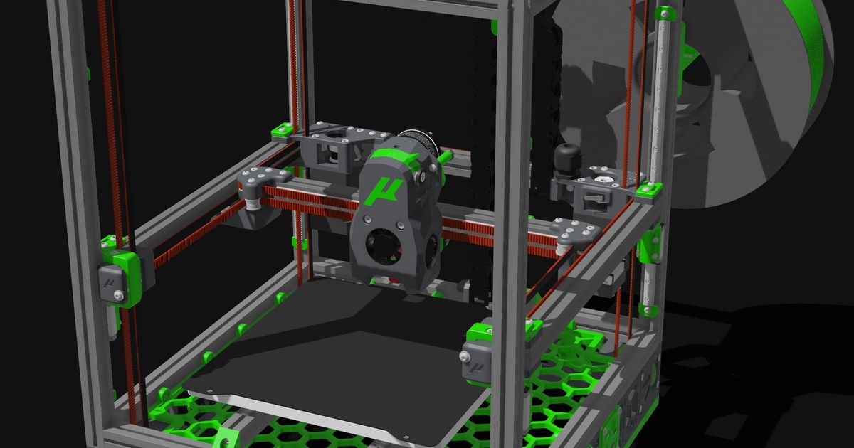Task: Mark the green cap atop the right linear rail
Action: (x=665, y=14)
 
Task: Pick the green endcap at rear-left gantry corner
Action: (x=282, y=129)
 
